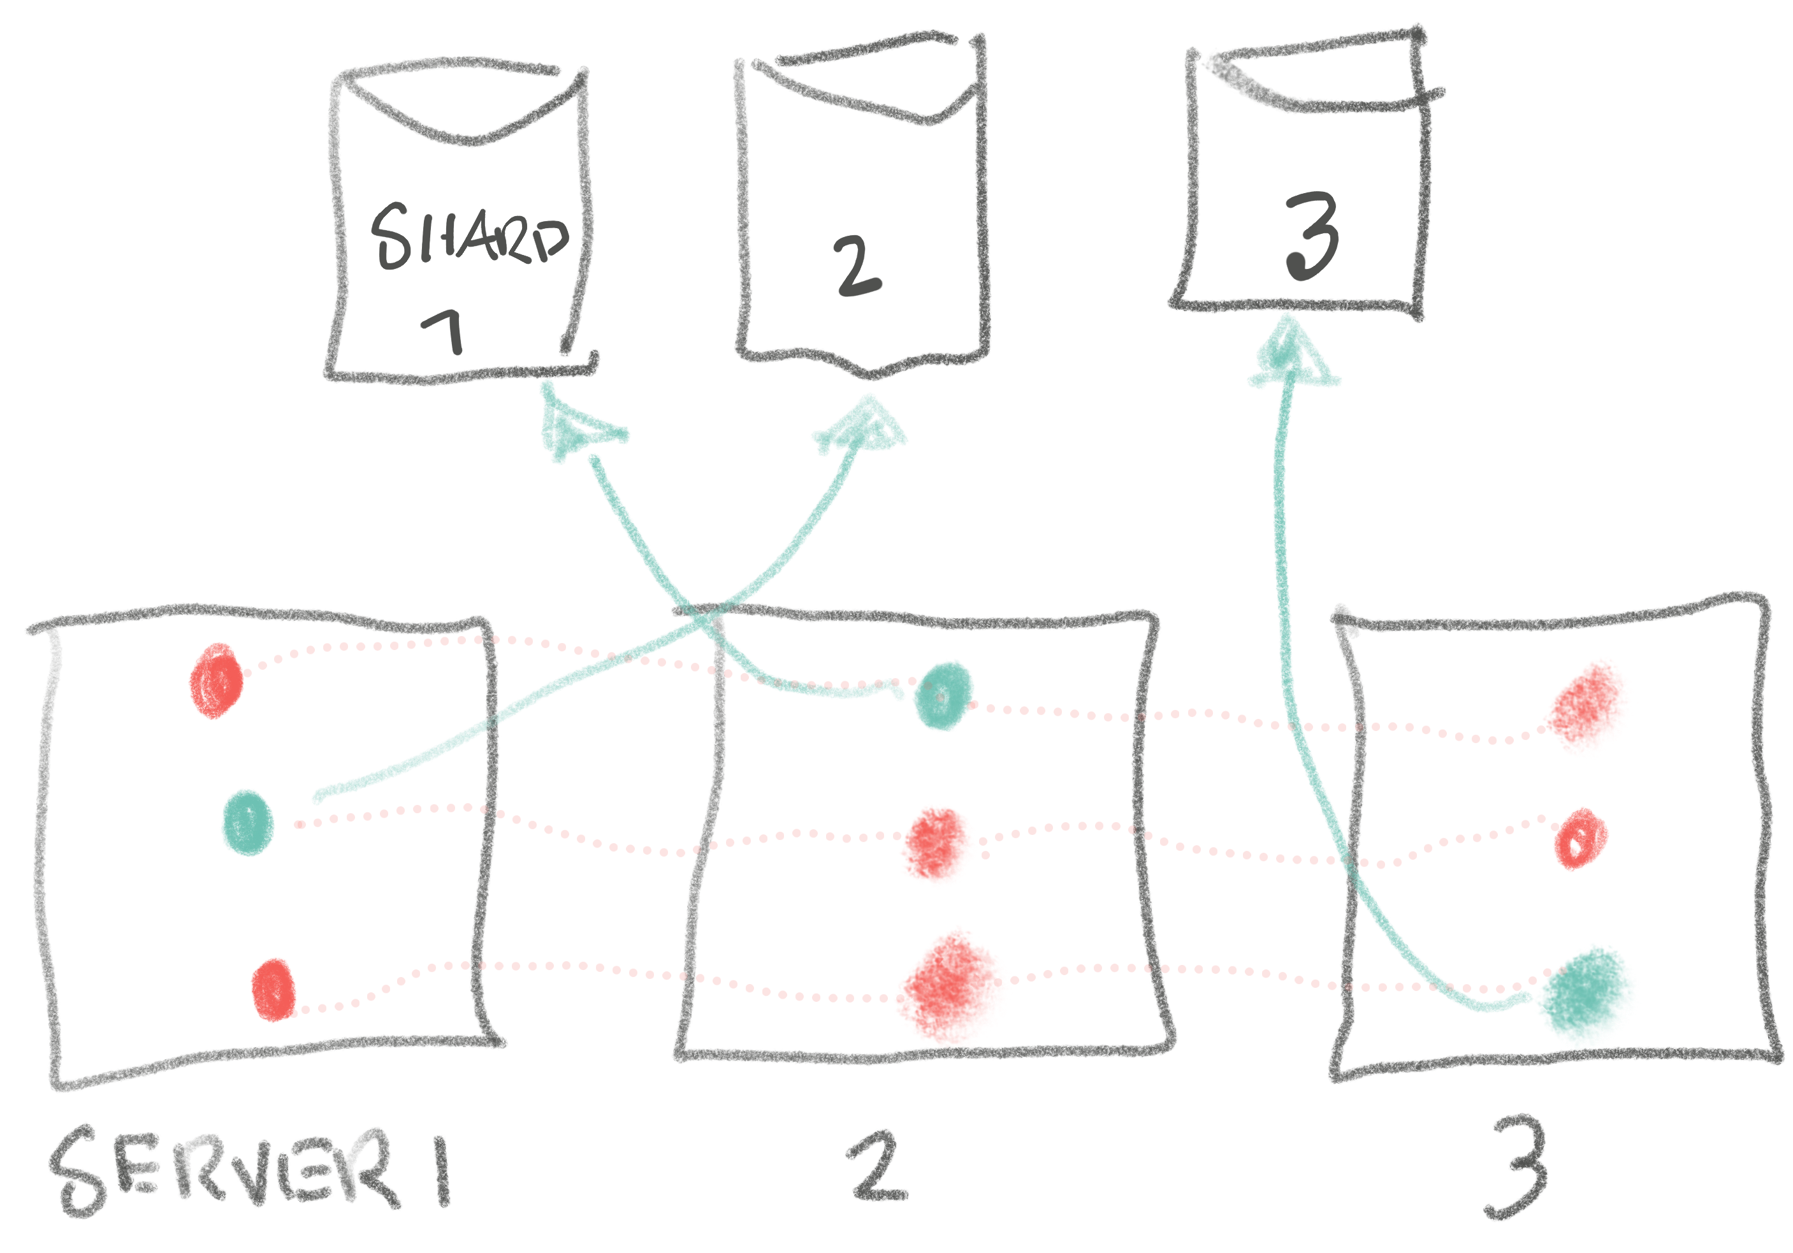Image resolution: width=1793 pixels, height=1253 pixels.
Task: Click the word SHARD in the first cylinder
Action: (x=468, y=236)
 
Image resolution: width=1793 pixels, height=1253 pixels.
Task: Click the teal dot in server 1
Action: (x=247, y=822)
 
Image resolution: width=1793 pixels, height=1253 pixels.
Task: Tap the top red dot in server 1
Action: (x=216, y=680)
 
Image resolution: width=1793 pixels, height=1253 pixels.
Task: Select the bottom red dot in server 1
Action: (x=273, y=989)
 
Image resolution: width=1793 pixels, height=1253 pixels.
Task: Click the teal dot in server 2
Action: (x=944, y=695)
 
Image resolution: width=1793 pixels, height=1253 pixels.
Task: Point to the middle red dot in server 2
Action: (x=937, y=846)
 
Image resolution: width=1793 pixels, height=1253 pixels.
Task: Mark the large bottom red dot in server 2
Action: (x=951, y=986)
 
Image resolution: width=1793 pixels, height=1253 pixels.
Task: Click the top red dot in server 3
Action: (x=1588, y=707)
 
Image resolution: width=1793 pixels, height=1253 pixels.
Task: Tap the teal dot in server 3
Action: (x=1585, y=996)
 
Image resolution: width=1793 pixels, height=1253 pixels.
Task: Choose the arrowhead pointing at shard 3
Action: (x=1293, y=355)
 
